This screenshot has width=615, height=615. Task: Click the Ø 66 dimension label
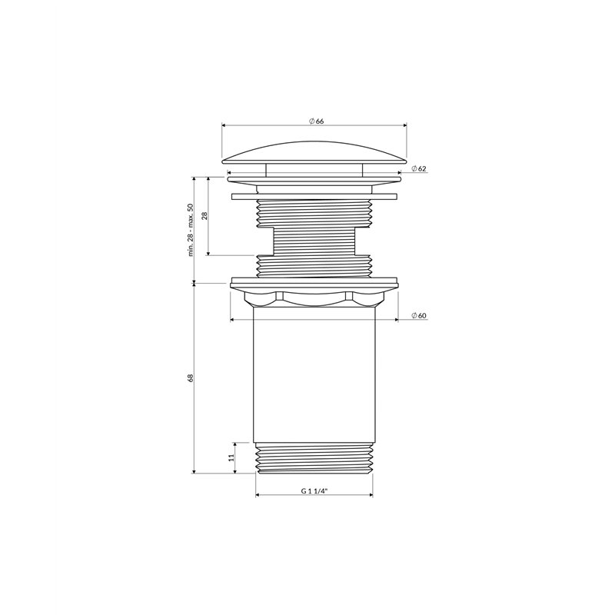[x=316, y=121]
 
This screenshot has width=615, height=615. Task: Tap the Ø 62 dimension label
[x=419, y=168]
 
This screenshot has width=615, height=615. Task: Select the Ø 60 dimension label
[x=419, y=316]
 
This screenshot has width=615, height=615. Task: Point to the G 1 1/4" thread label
[x=314, y=490]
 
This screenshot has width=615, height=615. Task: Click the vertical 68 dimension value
[x=191, y=377]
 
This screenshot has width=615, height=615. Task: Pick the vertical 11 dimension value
[x=231, y=457]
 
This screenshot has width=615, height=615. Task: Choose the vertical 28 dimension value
[x=204, y=215]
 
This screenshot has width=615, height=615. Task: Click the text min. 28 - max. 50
[x=191, y=230]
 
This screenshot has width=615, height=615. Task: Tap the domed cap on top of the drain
[x=314, y=153]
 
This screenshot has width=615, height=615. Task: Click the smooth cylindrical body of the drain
[x=314, y=374]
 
